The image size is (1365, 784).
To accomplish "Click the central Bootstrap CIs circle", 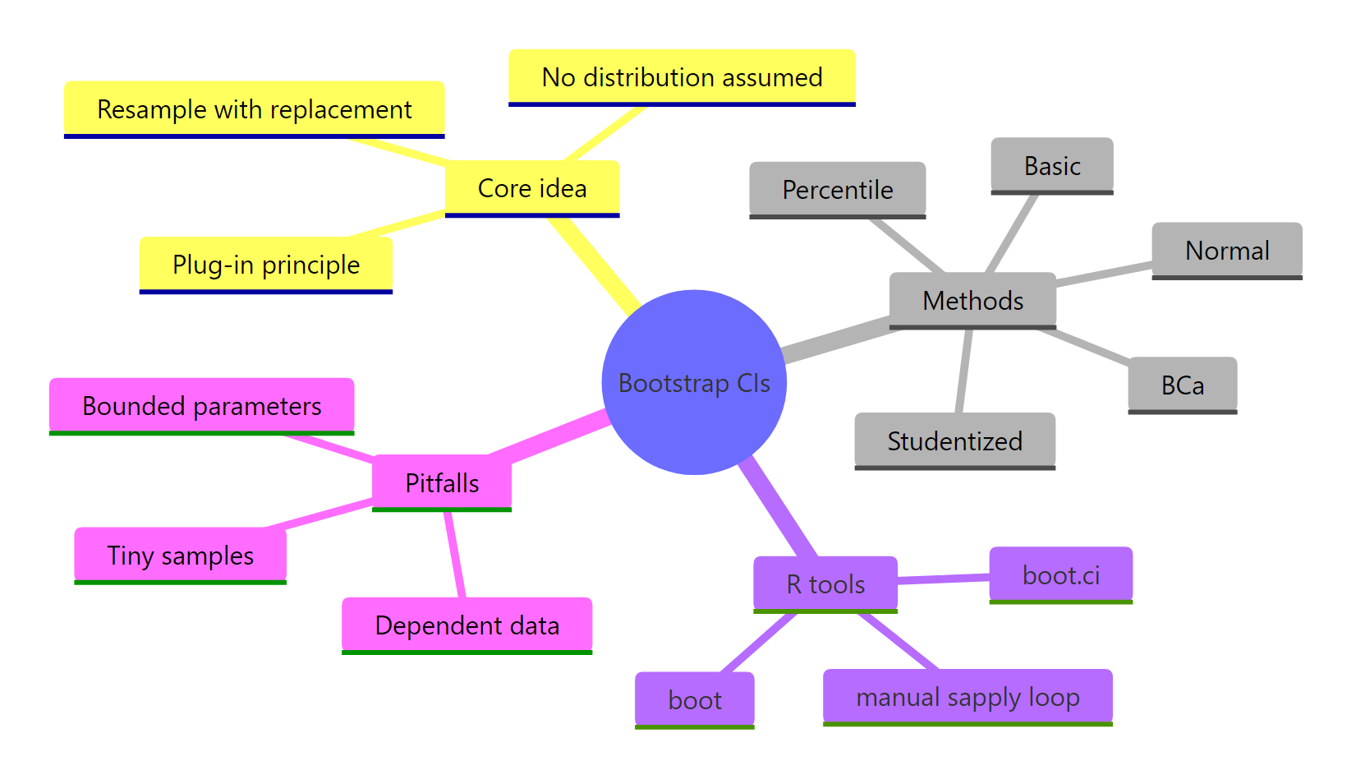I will (694, 382).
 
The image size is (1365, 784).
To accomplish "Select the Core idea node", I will (532, 188).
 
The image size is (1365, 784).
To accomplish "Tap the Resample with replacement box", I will (255, 109).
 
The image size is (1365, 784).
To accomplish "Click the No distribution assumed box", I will (682, 77).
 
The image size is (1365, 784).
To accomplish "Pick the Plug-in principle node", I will (265, 265).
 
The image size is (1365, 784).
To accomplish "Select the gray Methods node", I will (972, 300).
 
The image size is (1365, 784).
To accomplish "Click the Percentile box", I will (837, 190).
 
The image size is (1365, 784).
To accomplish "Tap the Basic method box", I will (1051, 166).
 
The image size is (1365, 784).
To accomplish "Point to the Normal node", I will (1227, 251).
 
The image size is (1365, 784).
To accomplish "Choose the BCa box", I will (1182, 385).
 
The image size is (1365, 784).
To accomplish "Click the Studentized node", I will (954, 441).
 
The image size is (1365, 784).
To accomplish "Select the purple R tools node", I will (825, 584).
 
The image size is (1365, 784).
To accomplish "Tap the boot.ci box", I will (1060, 575).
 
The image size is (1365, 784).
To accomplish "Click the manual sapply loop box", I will (967, 697).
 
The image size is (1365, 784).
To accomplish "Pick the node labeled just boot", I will (694, 700).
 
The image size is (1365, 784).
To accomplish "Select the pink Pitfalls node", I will (442, 483).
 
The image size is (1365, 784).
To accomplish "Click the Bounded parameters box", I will (201, 406).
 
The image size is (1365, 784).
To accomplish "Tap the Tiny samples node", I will (180, 556).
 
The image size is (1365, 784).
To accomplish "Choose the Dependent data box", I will (466, 625).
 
